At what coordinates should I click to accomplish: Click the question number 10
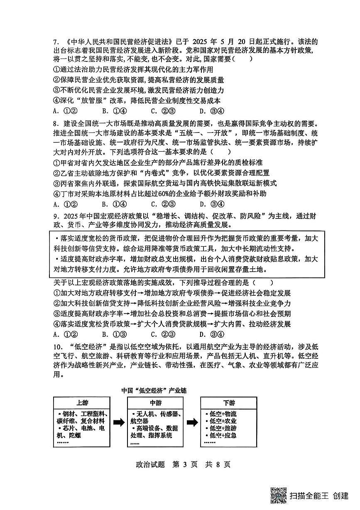57,347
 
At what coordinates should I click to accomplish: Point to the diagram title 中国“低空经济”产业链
154,391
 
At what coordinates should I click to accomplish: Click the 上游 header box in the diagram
82,403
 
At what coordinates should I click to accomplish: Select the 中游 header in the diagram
156,403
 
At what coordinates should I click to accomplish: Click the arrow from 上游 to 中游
119,422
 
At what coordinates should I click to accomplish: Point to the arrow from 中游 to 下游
192,422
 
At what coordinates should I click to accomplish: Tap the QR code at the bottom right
279,495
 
